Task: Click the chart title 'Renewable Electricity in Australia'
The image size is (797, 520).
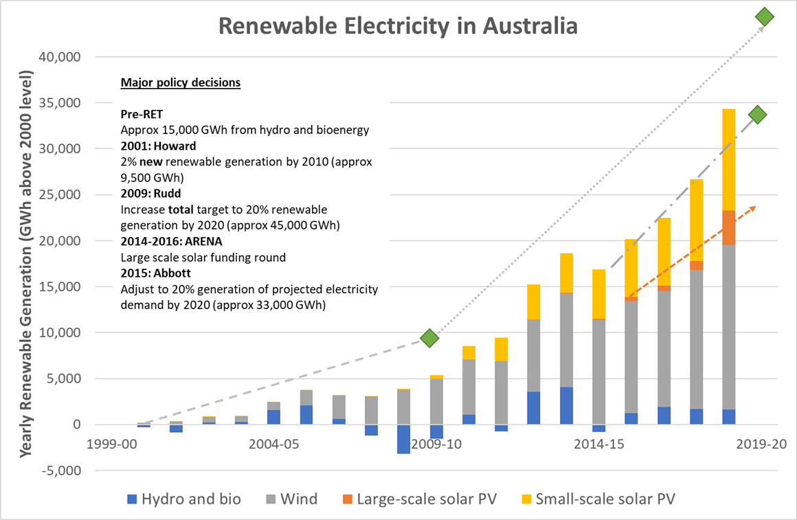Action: point(398,26)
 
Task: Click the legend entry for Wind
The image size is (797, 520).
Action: point(288,499)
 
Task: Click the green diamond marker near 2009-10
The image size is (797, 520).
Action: point(430,338)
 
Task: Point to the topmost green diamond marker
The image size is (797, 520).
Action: point(764,17)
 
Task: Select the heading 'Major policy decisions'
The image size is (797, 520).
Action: point(181,83)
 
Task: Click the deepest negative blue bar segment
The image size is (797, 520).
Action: point(404,439)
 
